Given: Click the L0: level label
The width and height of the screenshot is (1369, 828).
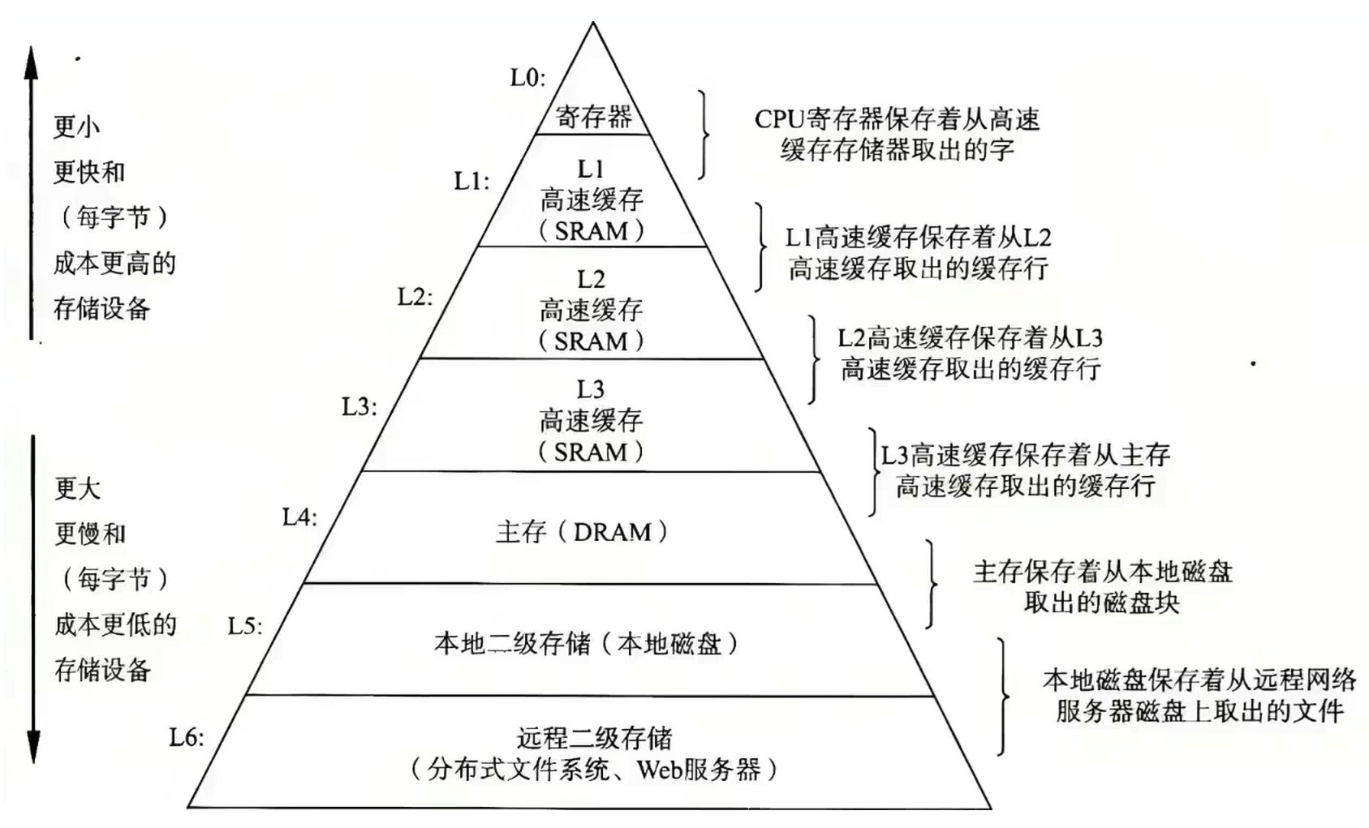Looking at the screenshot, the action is coord(527,78).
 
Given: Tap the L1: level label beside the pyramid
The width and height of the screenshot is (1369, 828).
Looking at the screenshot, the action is coord(471,182).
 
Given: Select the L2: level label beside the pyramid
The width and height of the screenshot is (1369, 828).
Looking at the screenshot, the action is coord(415,297).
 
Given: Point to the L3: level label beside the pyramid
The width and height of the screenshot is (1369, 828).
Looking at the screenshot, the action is coord(359,406).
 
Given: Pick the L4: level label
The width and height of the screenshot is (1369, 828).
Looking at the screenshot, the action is coord(299,517).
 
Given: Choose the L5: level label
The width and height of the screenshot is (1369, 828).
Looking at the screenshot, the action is coord(245,626).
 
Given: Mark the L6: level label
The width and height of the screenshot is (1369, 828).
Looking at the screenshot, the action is coord(187,737).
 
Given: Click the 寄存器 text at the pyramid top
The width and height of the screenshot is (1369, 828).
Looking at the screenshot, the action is coord(593,117).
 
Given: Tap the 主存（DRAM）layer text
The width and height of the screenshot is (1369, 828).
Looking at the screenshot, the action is coord(581,532).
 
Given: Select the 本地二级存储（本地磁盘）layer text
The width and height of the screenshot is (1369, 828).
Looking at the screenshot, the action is coord(586,644).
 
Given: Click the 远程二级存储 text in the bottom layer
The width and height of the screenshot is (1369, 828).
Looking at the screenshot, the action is coord(594,738).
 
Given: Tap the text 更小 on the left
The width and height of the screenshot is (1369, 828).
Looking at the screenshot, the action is coord(76,127).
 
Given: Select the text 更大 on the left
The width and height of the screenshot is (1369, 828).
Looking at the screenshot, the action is coord(78,488).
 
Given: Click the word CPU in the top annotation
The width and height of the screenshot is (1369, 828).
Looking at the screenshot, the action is coord(778,120).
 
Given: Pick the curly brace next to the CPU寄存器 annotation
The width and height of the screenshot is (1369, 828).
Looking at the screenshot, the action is coord(703,135).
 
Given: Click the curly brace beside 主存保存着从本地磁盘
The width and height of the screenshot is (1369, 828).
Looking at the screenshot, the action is coord(932,584).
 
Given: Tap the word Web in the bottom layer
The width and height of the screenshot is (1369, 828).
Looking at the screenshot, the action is coord(658,769).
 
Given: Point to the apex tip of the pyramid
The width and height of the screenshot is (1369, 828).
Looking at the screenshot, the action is coord(593,24).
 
